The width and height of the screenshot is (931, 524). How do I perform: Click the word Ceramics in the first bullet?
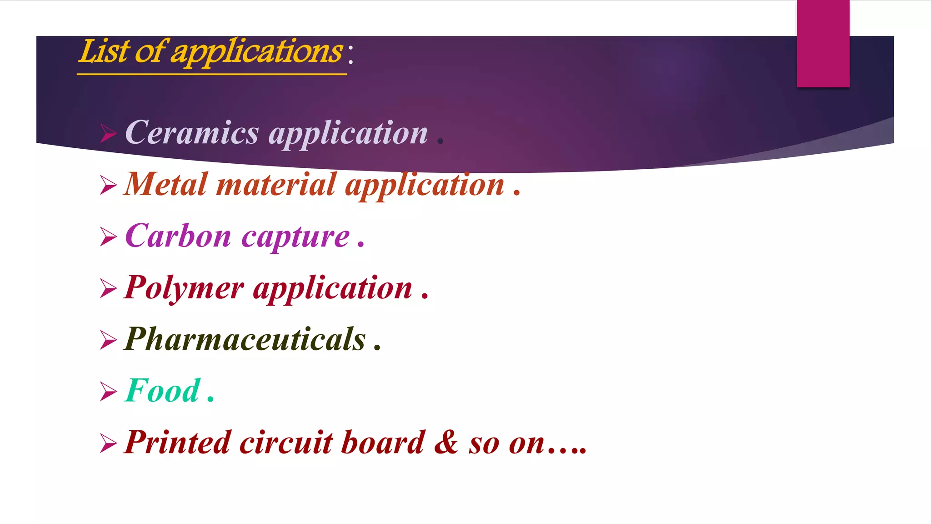[192, 133]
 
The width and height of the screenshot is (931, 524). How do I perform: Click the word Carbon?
[178, 236]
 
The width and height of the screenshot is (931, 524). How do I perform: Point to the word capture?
[295, 237]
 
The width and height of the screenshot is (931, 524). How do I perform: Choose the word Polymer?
[184, 288]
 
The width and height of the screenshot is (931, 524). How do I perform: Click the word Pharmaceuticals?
[245, 339]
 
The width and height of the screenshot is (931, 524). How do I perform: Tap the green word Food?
[162, 391]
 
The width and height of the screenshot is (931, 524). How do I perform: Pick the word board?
[383, 442]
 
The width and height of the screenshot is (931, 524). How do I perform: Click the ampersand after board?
[446, 442]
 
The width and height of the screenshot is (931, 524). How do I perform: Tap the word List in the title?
[104, 51]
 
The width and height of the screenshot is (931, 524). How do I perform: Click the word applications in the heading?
[256, 52]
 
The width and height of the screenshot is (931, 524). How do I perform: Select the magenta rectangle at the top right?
[823, 44]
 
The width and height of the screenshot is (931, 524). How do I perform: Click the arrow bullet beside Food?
[108, 392]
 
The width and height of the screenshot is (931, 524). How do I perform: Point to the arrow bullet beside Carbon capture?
[108, 237]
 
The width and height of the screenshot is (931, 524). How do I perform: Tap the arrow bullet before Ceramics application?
[108, 133]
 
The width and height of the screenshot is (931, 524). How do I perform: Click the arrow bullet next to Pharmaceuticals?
[108, 340]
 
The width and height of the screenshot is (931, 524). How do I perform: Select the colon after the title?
[350, 54]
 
